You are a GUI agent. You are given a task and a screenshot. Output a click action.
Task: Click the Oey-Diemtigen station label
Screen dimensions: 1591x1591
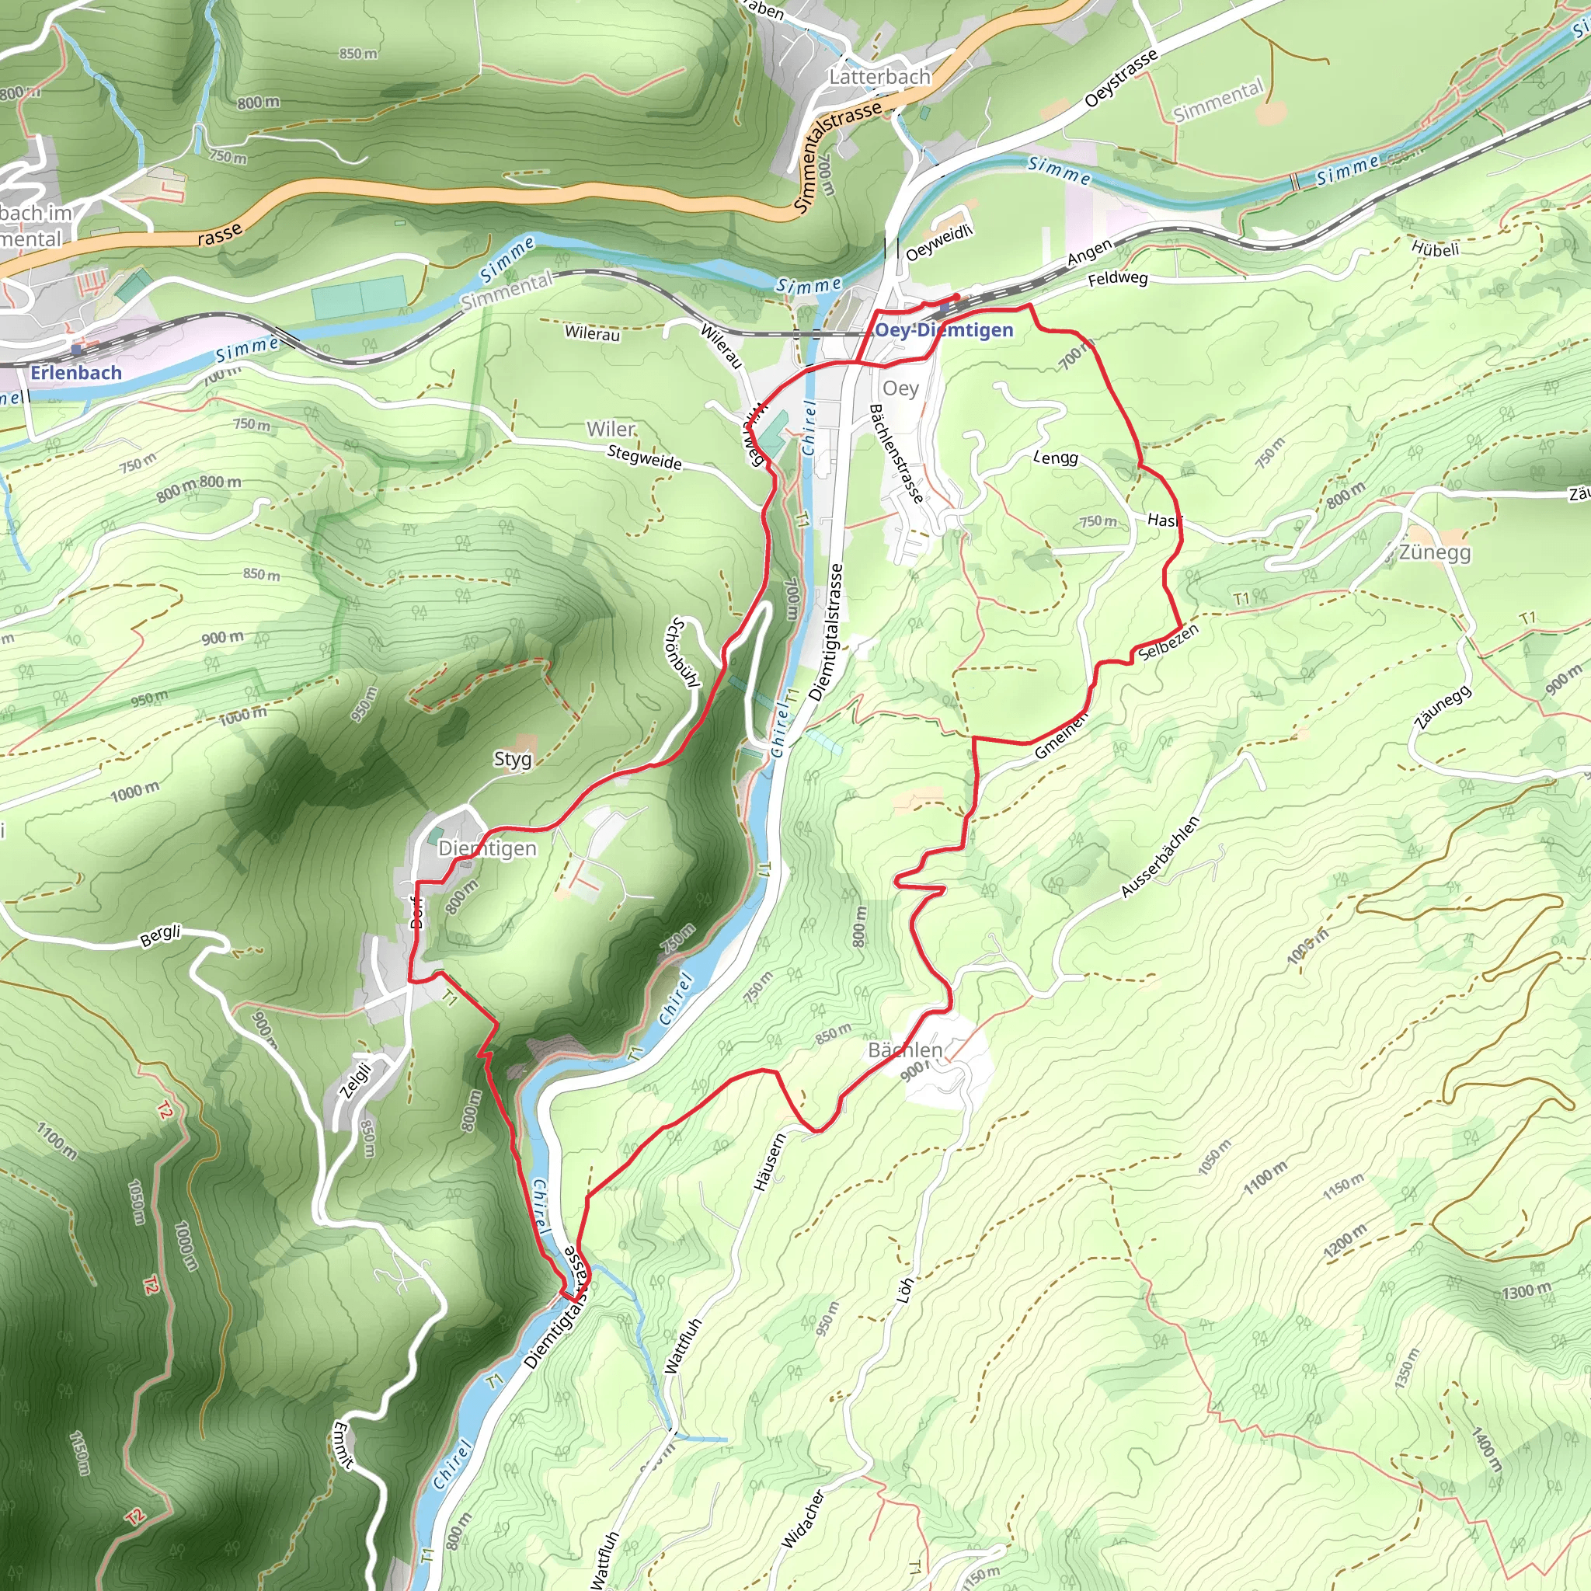[944, 330]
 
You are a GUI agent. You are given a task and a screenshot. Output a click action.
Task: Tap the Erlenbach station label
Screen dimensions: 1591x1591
[76, 372]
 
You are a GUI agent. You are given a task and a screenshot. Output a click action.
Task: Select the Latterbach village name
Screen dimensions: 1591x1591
[879, 77]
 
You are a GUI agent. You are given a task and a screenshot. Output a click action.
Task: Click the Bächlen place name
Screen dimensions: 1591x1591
[905, 1050]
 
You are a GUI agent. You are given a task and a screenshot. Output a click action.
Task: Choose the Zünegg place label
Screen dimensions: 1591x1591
[1434, 552]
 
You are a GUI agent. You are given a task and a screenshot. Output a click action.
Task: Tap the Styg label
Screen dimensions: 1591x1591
[512, 758]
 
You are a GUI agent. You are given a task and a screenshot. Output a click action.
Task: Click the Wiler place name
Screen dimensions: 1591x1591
[611, 429]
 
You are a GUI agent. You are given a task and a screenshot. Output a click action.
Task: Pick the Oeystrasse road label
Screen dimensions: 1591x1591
[1121, 78]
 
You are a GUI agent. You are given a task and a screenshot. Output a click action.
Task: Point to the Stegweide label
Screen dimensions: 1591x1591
[644, 457]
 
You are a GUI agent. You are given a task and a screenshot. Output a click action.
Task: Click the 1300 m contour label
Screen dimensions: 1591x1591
[1525, 1290]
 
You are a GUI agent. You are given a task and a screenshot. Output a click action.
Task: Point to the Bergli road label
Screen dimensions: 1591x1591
[160, 936]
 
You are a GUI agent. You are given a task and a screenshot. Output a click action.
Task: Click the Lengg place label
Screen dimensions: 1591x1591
[1055, 457]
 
